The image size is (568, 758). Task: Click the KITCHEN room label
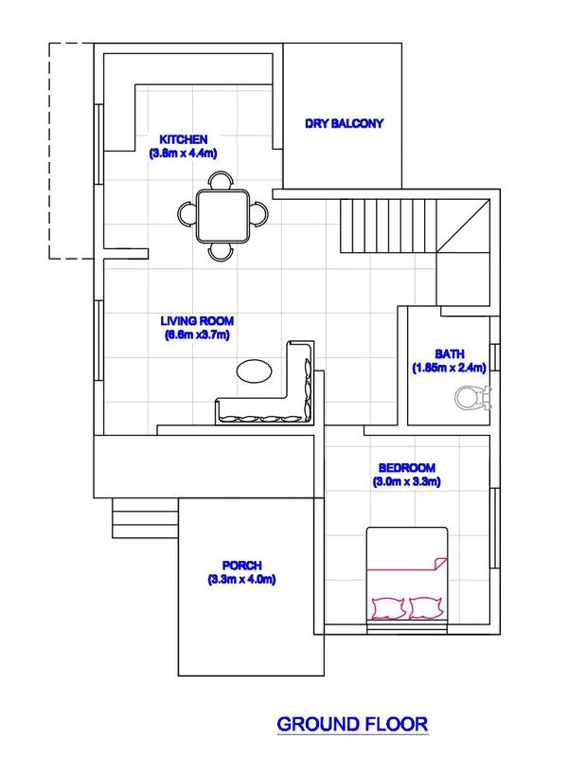coord(184,139)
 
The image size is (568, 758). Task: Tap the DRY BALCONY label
coord(344,123)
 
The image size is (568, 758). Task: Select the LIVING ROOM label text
coord(197,320)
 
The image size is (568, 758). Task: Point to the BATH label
coord(449,353)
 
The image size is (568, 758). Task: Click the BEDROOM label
coord(407,467)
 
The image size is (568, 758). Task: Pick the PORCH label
coord(242,565)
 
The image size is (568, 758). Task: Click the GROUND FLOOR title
coord(352,724)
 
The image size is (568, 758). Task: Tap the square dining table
coord(222,216)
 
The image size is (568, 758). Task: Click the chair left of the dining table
coord(186,214)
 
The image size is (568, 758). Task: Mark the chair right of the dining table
coord(258,214)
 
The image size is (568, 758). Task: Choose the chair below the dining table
coord(221,252)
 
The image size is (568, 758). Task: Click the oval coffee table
coord(254,371)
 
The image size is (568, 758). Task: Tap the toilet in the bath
coord(472,397)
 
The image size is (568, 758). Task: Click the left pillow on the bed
coord(388,608)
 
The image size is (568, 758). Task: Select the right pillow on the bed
coord(425,608)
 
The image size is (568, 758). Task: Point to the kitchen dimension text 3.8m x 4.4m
coord(183,153)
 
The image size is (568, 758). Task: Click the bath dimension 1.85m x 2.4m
coord(449,368)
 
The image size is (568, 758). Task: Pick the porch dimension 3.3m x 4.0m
coord(242,579)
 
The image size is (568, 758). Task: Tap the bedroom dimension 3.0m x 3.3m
coord(407,481)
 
